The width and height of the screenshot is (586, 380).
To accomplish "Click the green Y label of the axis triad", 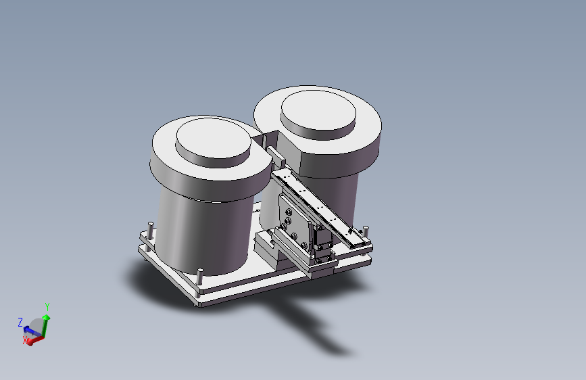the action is (47, 307).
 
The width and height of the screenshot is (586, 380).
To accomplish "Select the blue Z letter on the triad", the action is (20, 322).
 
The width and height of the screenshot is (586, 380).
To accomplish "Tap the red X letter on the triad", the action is (26, 340).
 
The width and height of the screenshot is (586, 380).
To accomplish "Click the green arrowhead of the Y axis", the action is (46, 318).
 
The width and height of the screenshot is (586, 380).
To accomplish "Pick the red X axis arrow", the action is (35, 340).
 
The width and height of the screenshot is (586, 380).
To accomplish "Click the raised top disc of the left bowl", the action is (213, 141).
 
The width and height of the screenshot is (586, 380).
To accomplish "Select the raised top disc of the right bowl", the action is (318, 114).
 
